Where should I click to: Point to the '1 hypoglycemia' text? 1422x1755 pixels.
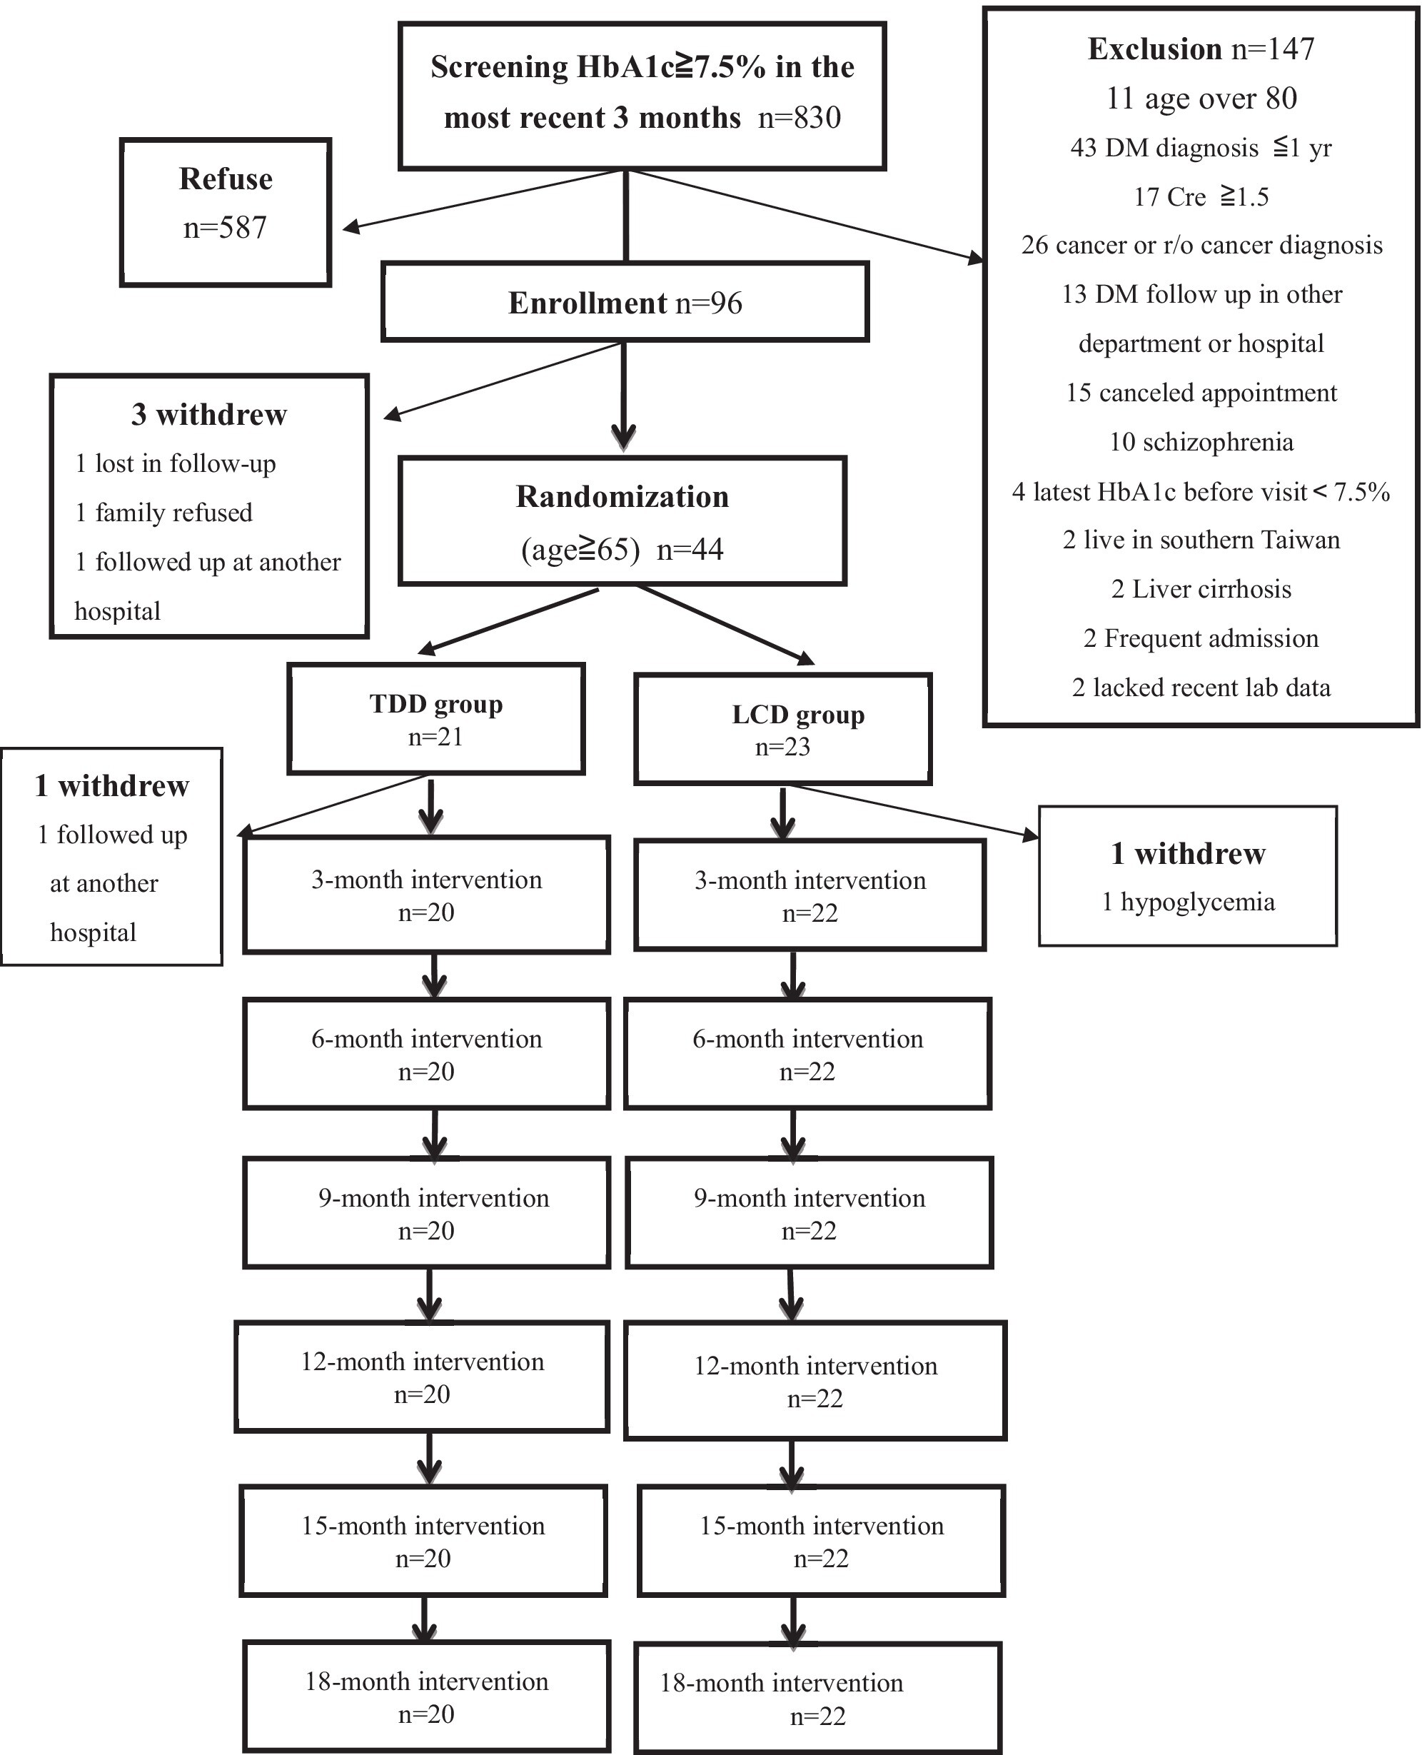(1188, 902)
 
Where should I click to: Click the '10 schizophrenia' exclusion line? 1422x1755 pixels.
(1201, 442)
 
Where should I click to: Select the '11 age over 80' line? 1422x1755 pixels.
(1201, 99)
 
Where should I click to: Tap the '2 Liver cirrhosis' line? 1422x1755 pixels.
(1201, 589)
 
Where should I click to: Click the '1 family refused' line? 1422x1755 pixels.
(163, 513)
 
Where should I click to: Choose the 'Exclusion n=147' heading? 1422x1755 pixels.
(1201, 49)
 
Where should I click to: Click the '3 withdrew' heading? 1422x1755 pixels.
(209, 415)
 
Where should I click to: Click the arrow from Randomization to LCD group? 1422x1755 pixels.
(726, 624)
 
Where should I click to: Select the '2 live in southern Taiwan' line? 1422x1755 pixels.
(1201, 540)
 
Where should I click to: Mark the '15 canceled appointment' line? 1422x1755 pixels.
(1201, 393)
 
